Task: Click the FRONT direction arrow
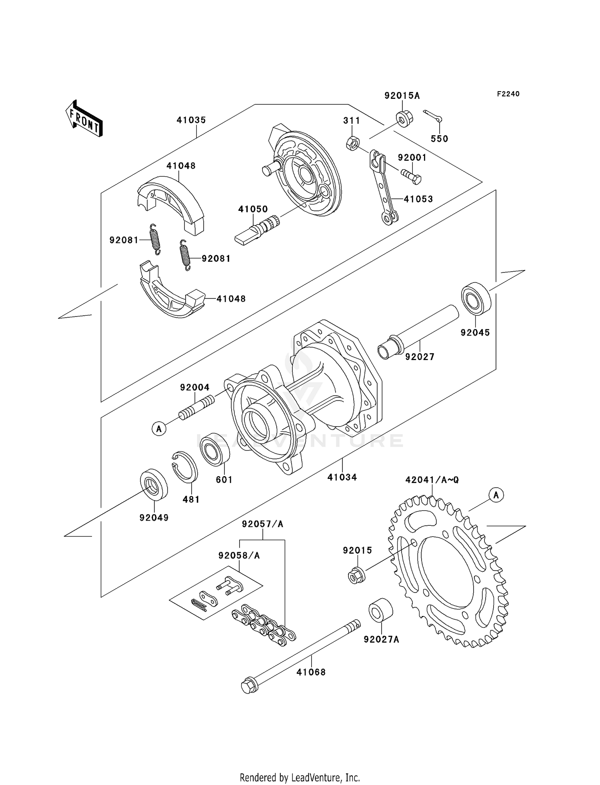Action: click(84, 119)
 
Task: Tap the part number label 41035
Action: click(191, 120)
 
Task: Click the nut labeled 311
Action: click(352, 143)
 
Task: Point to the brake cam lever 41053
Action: click(384, 188)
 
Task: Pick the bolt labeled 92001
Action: click(411, 176)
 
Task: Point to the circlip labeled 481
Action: click(185, 467)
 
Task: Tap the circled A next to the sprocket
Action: click(496, 495)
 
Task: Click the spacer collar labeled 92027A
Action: click(380, 611)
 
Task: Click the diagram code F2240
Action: click(508, 94)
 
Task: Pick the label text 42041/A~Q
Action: click(432, 480)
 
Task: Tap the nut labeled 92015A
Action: click(404, 118)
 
